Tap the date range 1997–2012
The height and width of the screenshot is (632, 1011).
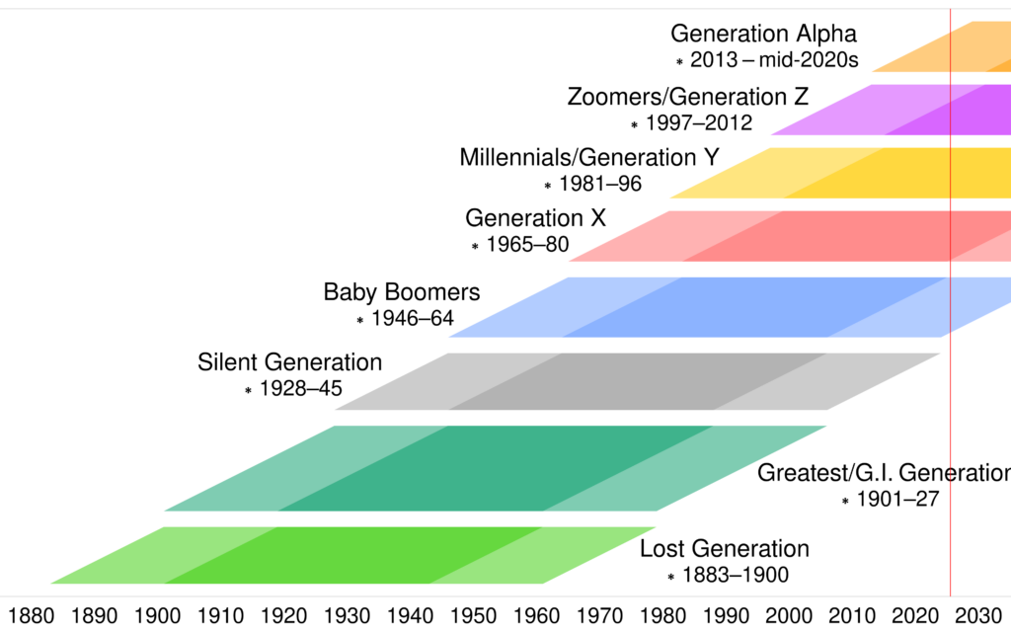[698, 123]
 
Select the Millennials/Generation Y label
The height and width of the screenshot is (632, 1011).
[589, 157]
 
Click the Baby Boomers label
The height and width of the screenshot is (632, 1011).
[402, 292]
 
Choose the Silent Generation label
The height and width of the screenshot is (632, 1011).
[289, 362]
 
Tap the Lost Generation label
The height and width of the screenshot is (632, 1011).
[725, 549]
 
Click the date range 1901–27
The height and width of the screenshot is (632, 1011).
[897, 500]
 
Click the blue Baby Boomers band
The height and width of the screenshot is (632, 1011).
[691, 306]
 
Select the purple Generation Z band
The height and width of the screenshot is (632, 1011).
[889, 109]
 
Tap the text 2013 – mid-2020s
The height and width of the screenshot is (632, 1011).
[774, 60]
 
